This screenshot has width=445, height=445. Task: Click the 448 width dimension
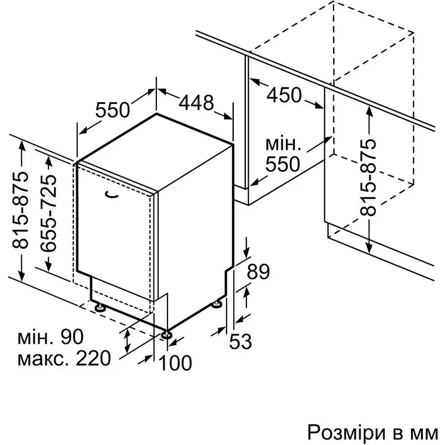tap(196, 102)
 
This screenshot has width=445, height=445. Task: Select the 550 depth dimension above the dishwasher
tap(112, 110)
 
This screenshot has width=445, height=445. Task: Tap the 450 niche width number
tap(284, 95)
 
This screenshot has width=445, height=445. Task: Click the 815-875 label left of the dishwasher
tap(20, 210)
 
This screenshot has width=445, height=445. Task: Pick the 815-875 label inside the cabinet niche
tap(368, 177)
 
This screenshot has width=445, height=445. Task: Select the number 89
tap(258, 272)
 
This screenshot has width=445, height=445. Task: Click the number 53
tap(240, 341)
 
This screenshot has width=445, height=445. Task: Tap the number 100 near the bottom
tap(175, 363)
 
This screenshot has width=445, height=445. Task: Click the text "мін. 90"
tap(51, 337)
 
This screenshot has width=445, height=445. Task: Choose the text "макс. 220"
tap(63, 358)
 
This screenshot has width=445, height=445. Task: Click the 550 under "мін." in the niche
tap(283, 164)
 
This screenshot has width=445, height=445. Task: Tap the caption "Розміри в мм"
tap(373, 433)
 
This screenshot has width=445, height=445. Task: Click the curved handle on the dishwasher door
tap(112, 194)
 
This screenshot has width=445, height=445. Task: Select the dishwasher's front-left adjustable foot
tap(99, 308)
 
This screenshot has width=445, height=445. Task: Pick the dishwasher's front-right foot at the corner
tap(166, 334)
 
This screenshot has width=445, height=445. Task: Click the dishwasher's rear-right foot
tap(217, 304)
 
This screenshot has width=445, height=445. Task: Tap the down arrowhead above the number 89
tap(246, 252)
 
